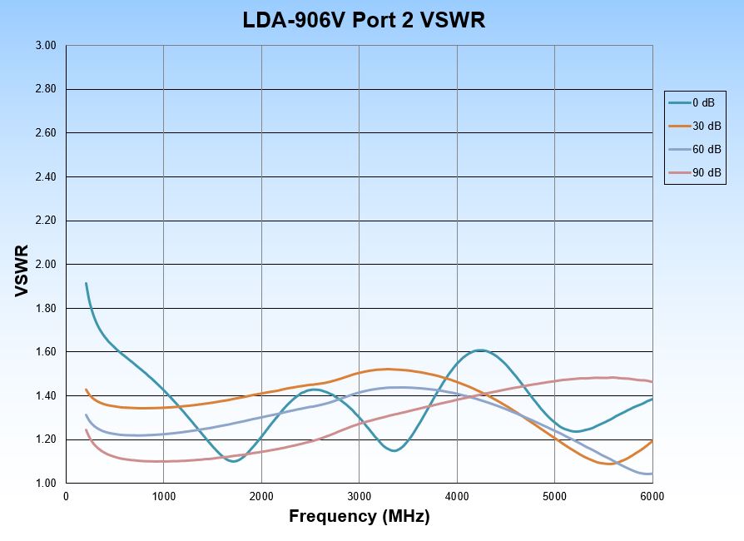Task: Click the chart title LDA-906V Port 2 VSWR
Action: [364, 20]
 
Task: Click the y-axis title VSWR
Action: [22, 270]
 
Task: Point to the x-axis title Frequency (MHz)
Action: [359, 516]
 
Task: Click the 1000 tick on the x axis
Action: [164, 497]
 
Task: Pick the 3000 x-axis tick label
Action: [359, 497]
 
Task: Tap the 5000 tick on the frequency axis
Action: [554, 497]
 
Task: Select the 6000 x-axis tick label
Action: [652, 497]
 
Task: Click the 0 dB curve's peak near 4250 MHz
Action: [481, 350]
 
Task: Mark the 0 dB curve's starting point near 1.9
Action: [86, 284]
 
